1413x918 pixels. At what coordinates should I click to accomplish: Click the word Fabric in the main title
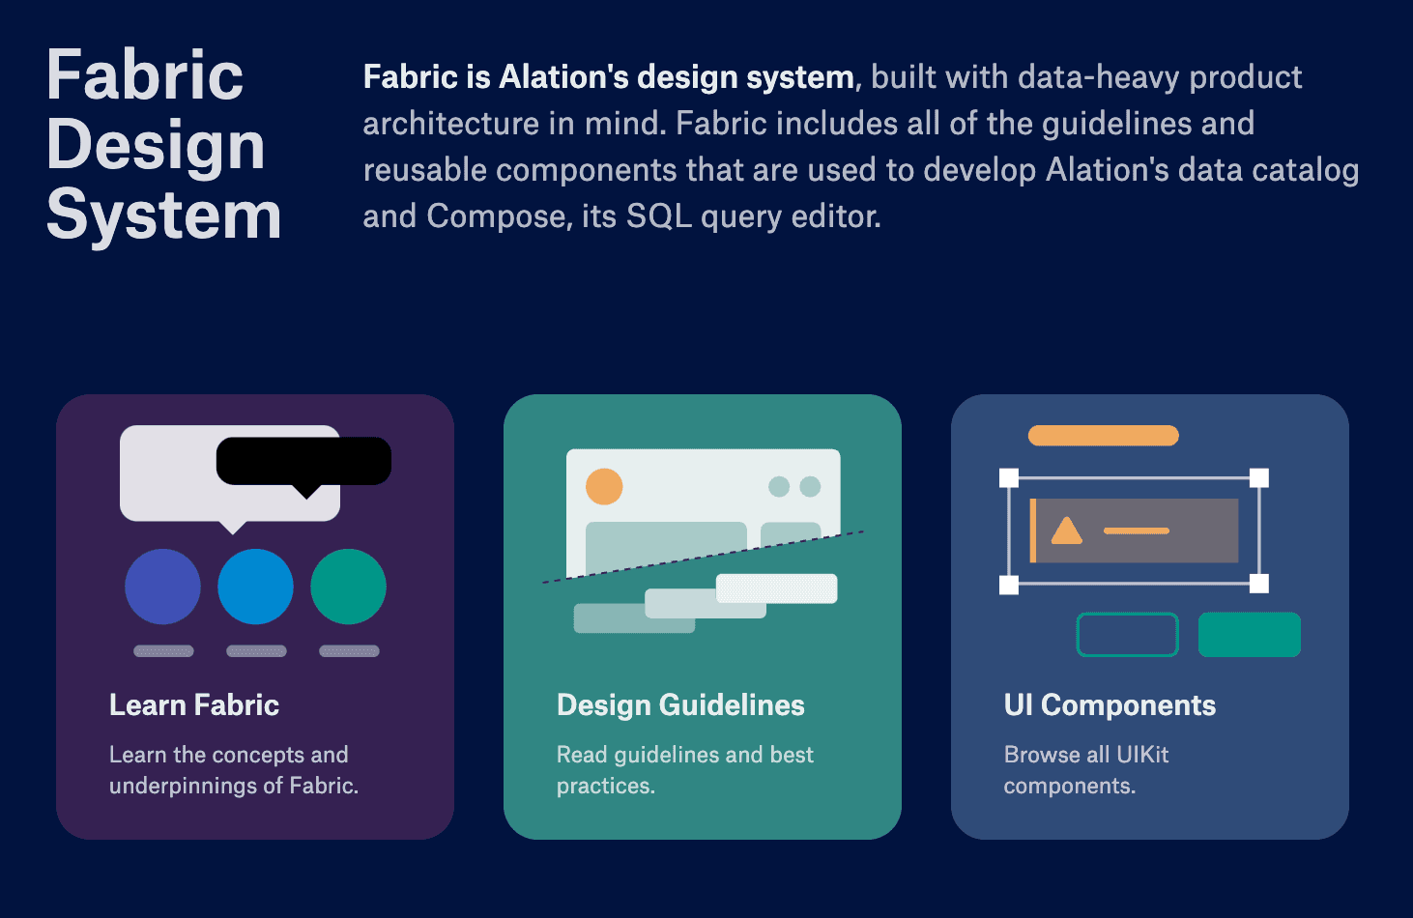pos(145,74)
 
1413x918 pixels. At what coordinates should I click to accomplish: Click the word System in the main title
pos(163,215)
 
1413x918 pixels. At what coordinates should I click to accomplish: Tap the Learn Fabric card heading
pos(194,704)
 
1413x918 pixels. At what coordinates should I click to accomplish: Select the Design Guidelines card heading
pos(680,704)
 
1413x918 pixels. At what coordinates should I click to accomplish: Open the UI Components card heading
pos(1110,704)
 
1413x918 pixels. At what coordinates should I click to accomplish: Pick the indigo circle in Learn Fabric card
pos(162,587)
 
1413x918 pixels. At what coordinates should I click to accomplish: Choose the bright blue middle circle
pos(255,587)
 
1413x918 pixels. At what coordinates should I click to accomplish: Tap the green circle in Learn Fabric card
pos(348,587)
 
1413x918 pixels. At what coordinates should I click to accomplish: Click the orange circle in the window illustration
pos(604,487)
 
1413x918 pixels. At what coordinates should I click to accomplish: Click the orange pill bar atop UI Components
pos(1104,436)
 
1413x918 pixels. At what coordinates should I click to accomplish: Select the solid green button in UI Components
pos(1250,634)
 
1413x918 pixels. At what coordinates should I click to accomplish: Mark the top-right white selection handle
pos(1259,478)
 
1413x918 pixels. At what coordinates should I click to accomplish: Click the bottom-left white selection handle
pos(1009,585)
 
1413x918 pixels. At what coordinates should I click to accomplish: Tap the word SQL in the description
pos(658,216)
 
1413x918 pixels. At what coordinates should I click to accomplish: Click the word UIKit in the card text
pos(1142,755)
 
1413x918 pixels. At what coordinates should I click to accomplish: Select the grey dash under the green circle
pos(349,650)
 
